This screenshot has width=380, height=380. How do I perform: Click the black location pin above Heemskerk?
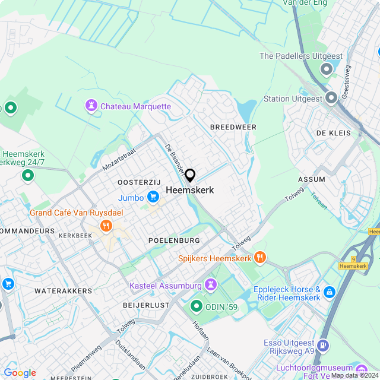point(190,176)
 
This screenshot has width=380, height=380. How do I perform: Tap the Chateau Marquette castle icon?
point(91,106)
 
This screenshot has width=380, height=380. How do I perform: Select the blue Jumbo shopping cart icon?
point(154,197)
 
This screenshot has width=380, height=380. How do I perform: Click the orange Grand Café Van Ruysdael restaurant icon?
point(106,225)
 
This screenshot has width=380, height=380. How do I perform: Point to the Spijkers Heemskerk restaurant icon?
point(259,258)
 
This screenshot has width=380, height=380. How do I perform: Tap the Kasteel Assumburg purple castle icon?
point(210,284)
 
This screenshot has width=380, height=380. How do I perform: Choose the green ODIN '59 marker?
point(196,306)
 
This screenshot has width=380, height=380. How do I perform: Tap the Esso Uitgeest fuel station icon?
point(322,345)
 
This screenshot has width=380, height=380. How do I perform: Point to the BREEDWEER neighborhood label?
point(233,127)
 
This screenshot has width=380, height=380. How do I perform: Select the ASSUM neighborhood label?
point(311,179)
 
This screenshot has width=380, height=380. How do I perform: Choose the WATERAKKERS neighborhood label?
point(63,290)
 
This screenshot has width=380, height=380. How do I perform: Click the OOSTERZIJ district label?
point(138,182)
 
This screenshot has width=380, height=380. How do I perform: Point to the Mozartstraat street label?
point(119,159)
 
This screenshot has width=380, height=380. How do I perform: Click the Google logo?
point(20,372)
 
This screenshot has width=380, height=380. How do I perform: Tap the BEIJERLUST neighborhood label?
point(146,305)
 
